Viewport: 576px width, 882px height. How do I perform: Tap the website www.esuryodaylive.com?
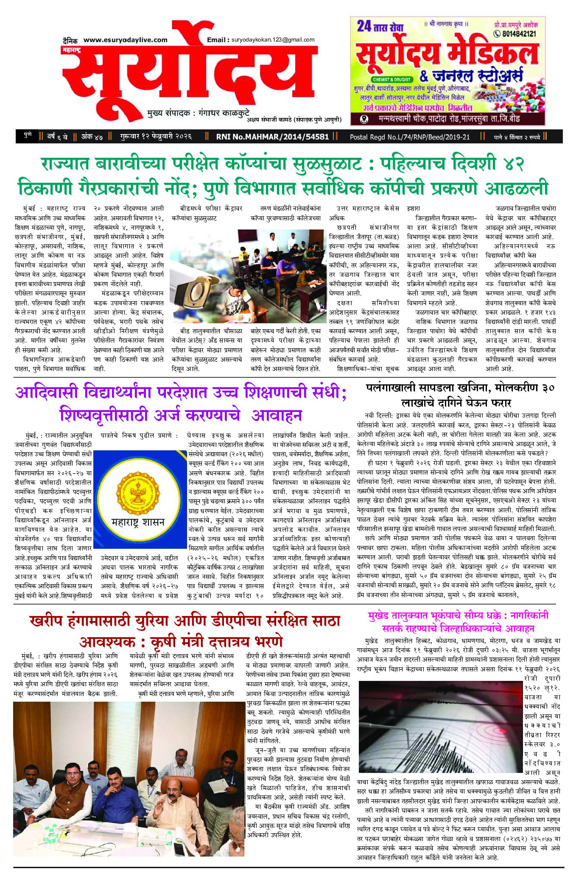[125, 40]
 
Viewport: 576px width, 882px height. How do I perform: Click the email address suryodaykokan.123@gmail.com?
[273, 40]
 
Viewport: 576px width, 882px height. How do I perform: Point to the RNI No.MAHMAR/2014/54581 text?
[272, 137]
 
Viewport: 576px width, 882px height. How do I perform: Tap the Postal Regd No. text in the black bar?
[410, 137]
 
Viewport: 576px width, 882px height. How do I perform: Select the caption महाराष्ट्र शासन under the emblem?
[138, 522]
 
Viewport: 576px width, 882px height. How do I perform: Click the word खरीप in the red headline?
[47, 622]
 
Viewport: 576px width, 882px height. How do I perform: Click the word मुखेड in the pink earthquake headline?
[380, 615]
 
